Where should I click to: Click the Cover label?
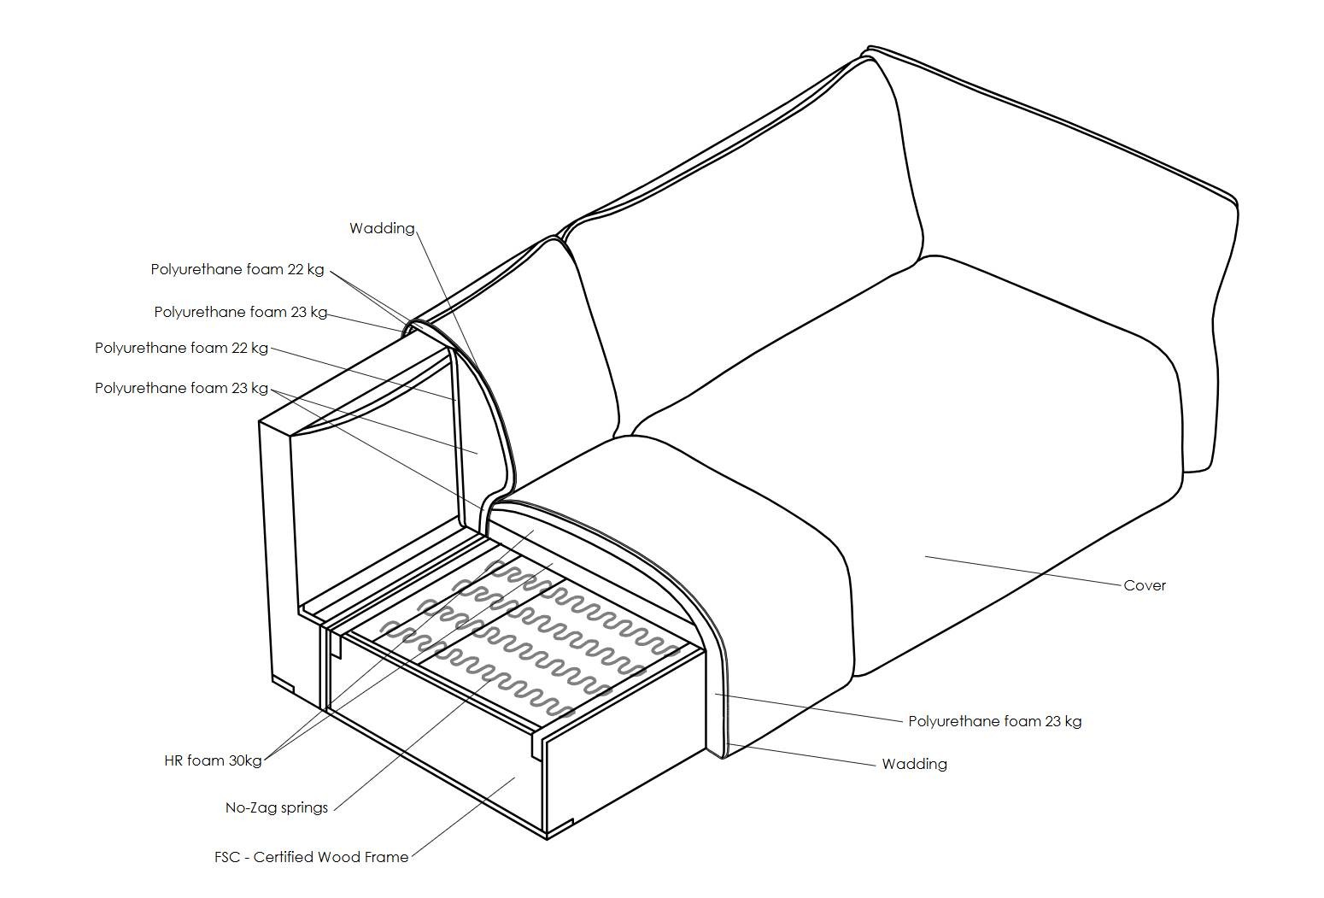click(1144, 585)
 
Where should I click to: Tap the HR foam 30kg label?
click(213, 760)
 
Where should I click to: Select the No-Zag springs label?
click(276, 807)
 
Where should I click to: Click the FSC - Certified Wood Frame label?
click(311, 857)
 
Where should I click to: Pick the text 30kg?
click(244, 760)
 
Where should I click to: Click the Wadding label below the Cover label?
click(914, 764)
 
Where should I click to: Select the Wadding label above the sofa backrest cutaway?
click(382, 228)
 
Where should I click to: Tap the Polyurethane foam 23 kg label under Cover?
click(994, 721)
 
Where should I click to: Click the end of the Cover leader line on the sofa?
click(926, 557)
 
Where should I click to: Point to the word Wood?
click(340, 857)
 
